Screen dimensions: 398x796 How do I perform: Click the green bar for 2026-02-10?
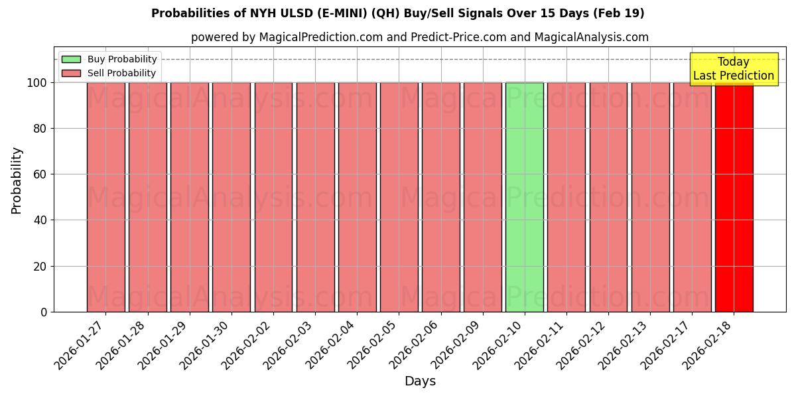tap(525, 197)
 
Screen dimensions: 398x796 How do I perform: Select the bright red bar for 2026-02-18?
tap(734, 197)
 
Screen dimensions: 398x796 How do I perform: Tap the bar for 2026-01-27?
tap(105, 197)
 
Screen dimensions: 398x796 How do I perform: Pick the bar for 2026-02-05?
tap(399, 197)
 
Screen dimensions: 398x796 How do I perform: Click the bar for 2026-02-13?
tap(650, 197)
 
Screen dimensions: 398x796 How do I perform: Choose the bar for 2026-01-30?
tap(232, 197)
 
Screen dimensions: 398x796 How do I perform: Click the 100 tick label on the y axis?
tap(36, 83)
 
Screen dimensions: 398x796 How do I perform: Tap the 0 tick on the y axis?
tap(44, 312)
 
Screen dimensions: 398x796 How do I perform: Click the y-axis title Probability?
tap(17, 180)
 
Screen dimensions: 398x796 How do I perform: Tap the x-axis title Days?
tap(420, 381)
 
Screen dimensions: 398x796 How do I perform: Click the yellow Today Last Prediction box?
tap(733, 69)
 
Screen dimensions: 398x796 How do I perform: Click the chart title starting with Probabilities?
tap(398, 13)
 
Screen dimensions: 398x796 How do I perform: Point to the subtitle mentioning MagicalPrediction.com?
tap(419, 37)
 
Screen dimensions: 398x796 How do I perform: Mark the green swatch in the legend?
tap(71, 60)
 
